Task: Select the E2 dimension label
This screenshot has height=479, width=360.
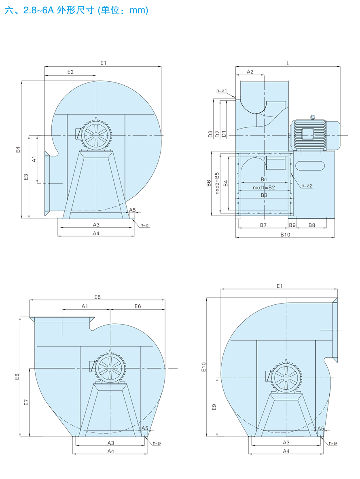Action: (x=70, y=72)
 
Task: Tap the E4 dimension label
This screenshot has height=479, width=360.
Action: (x=18, y=150)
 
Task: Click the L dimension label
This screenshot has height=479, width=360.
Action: (x=288, y=63)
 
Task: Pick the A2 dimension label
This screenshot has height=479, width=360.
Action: (x=250, y=72)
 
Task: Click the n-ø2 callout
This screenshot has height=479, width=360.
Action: (x=307, y=186)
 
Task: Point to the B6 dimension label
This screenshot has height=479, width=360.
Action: (x=209, y=183)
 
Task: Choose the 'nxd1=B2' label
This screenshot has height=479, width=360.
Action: (x=264, y=188)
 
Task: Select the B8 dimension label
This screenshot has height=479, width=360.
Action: (x=312, y=225)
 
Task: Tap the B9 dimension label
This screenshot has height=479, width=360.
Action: (x=292, y=225)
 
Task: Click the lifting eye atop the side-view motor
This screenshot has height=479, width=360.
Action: (x=312, y=118)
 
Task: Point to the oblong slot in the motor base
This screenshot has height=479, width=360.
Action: (x=310, y=166)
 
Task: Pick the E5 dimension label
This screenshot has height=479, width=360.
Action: (x=97, y=297)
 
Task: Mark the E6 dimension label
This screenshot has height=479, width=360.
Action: (x=138, y=306)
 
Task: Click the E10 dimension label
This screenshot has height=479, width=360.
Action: (x=204, y=367)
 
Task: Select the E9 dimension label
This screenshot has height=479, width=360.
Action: (x=214, y=407)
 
